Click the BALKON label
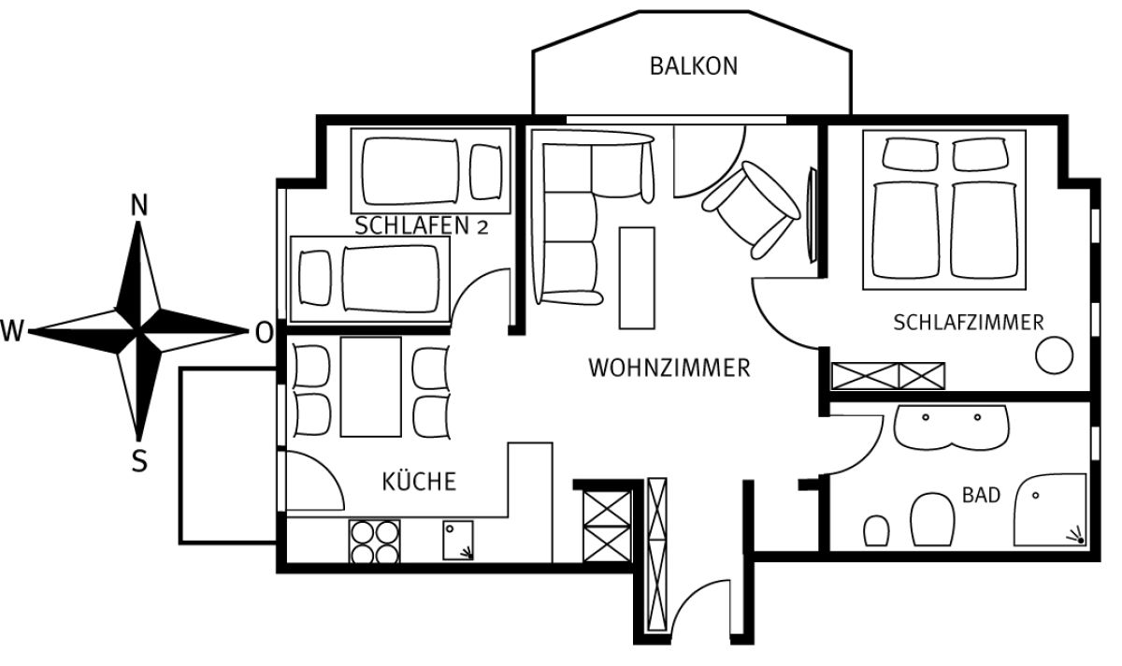[x=694, y=66]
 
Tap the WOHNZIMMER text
[x=669, y=368]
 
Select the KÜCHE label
[x=419, y=482]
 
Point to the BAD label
[x=981, y=495]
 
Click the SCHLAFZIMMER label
[x=969, y=323]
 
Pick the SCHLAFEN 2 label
[x=422, y=226]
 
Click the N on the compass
[x=139, y=205]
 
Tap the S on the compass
[x=139, y=461]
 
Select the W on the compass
[x=12, y=331]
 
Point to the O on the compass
[x=264, y=332]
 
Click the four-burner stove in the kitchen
[x=375, y=542]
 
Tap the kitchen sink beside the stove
[x=458, y=541]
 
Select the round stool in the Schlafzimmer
[x=1054, y=355]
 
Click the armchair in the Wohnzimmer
[x=751, y=210]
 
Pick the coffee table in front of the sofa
[x=637, y=278]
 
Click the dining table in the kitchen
[x=370, y=387]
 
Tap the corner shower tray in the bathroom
[x=1050, y=510]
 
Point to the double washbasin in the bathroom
[x=951, y=427]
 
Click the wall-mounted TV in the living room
[x=812, y=215]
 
